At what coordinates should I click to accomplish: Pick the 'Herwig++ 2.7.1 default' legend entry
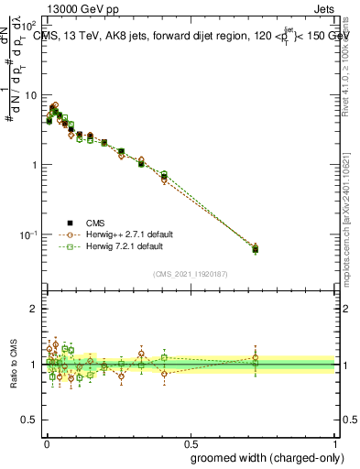point(114,235)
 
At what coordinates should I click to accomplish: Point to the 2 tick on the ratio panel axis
point(35,309)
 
